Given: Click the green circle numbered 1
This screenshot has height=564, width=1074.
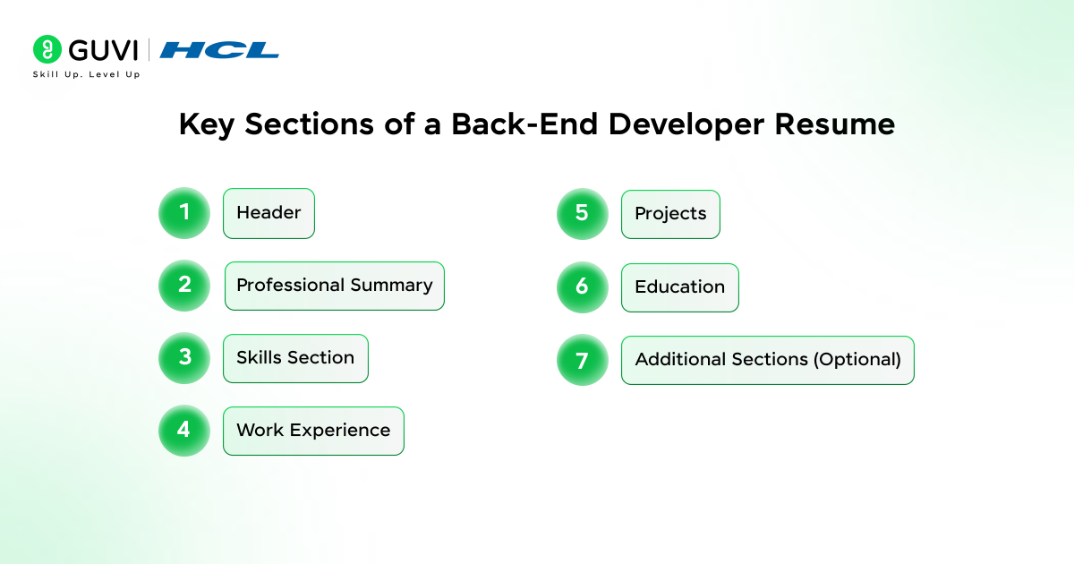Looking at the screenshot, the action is click(184, 212).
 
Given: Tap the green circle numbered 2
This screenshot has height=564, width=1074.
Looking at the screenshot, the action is click(184, 286).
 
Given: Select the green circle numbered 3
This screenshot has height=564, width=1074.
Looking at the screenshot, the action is click(184, 358).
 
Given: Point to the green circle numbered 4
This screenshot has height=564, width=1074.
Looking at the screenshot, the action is click(184, 431).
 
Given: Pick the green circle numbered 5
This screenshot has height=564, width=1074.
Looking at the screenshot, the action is click(582, 214).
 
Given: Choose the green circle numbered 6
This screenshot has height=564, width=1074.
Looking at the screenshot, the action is click(582, 286).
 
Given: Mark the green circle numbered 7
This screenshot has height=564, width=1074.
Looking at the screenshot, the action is click(582, 360).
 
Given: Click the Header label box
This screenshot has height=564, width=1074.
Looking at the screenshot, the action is click(269, 213).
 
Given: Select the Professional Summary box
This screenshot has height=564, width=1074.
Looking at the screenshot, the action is click(335, 286).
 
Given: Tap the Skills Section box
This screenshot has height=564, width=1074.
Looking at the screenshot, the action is click(296, 358).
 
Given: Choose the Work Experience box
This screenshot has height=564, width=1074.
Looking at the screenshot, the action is click(313, 431).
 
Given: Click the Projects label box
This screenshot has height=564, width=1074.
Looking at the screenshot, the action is click(670, 214).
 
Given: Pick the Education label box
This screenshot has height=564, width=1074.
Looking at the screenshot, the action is click(680, 287).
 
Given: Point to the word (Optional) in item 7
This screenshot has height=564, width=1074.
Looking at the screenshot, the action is click(857, 360).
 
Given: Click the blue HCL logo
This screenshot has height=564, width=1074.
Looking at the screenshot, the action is click(219, 50).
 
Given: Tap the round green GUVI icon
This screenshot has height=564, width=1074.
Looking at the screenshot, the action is click(47, 49).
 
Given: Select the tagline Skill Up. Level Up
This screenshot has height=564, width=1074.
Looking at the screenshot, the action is click(86, 74).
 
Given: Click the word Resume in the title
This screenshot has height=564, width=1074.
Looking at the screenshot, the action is click(835, 124).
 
